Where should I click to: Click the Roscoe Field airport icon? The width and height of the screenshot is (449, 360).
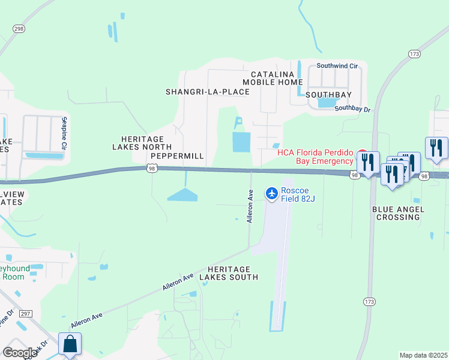click(271, 193)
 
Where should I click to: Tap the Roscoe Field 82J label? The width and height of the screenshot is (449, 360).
click(298, 193)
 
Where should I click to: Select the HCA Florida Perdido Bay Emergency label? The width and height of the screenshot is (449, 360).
click(315, 157)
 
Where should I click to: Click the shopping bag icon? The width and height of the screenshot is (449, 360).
click(70, 344)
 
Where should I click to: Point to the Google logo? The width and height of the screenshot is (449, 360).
click(20, 353)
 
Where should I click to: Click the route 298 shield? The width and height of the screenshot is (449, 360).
click(19, 28)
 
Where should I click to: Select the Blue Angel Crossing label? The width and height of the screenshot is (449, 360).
click(398, 213)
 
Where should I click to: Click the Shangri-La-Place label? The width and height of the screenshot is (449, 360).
click(207, 92)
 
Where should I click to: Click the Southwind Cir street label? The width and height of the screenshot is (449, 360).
click(337, 65)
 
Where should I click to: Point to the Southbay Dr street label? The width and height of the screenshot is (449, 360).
click(353, 109)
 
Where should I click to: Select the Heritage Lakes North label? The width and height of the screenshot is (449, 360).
click(142, 143)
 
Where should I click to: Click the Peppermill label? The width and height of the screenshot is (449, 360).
click(178, 156)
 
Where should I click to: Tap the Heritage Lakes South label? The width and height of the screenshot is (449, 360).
click(232, 273)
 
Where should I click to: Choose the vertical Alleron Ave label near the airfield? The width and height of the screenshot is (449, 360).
click(250, 206)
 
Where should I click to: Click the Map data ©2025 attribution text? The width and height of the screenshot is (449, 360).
click(423, 355)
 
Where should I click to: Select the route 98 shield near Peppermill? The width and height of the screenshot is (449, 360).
click(152, 169)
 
